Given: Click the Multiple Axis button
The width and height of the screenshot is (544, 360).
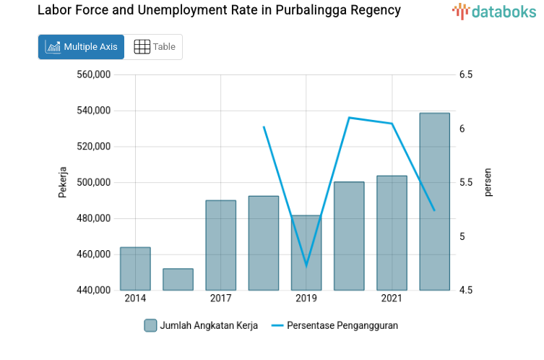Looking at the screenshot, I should tap(81, 47).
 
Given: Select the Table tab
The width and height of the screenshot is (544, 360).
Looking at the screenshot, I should tap(155, 47).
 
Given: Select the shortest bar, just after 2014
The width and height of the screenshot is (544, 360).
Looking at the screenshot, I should tap(178, 280).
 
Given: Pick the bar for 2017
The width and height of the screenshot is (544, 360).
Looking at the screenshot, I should tap(220, 246).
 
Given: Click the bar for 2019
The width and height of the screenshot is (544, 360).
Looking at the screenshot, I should tap(306, 253).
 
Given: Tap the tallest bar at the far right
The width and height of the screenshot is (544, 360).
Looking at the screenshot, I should tap(434, 202).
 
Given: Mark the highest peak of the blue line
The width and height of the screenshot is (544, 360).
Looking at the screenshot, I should tap(349, 117).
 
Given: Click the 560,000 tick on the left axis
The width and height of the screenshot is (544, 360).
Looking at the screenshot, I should tap(93, 74).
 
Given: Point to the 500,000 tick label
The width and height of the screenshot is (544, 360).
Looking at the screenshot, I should tap(93, 183).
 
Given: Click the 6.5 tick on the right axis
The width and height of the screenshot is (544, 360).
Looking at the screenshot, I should tap(465, 74).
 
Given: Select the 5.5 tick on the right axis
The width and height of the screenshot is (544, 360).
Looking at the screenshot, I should tap(465, 183).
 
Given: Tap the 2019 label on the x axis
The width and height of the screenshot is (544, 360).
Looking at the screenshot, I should tap(306, 299).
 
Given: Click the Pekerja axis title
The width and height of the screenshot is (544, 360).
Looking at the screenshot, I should tap(63, 182).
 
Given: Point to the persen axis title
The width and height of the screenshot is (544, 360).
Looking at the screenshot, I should tap(488, 182).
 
